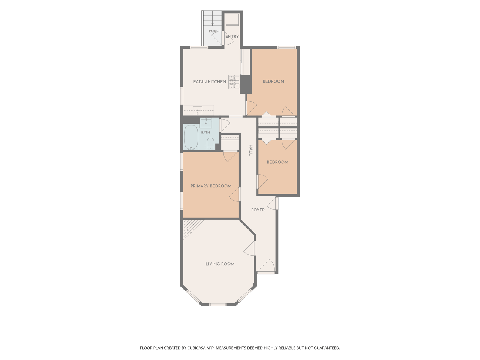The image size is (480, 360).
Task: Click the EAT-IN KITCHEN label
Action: click(x=210, y=81)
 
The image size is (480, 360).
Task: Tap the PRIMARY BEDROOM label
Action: click(x=211, y=186)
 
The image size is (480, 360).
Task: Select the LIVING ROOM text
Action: click(x=220, y=264)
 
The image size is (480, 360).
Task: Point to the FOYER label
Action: click(x=258, y=210)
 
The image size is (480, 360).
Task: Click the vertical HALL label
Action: click(x=251, y=150)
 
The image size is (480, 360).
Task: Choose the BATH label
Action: click(x=205, y=132)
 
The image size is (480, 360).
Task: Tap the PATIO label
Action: click(x=213, y=31)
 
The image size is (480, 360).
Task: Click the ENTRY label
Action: click(x=232, y=36)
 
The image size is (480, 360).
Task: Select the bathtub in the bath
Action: click(x=191, y=137)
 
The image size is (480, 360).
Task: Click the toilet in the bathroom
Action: click(x=211, y=144)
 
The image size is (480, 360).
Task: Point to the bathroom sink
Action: click(x=206, y=123)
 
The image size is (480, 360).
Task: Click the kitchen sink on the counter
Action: click(x=198, y=110)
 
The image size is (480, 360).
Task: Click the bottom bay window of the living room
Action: click(x=218, y=304)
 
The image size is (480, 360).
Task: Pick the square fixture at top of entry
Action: click(x=232, y=20)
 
